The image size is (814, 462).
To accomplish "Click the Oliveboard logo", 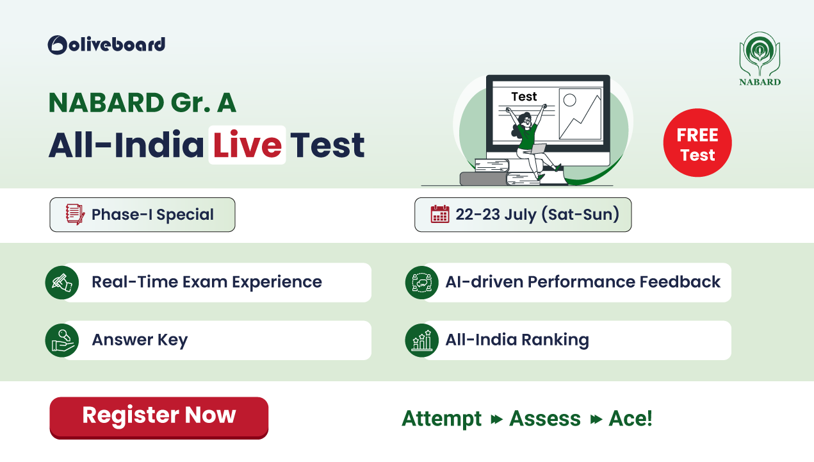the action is click(x=106, y=45).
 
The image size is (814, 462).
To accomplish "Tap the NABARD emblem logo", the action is click(x=760, y=59).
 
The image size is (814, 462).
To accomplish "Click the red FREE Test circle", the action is click(x=697, y=143).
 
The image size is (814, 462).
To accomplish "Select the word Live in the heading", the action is click(x=247, y=145).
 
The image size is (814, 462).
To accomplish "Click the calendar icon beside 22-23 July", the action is click(x=440, y=214).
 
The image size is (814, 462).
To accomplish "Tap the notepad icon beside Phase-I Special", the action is click(x=75, y=214).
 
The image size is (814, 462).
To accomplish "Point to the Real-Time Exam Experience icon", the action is click(x=62, y=283).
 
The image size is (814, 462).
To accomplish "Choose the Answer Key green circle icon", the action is click(x=62, y=340).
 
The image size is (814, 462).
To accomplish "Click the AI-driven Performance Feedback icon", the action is click(x=422, y=283).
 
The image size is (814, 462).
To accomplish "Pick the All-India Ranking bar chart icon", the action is click(x=422, y=340).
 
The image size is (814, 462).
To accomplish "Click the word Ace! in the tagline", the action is click(x=630, y=418).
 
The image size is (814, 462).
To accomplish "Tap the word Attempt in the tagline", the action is click(x=441, y=419).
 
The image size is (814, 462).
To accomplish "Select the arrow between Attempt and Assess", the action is click(x=496, y=420).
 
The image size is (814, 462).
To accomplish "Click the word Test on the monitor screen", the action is click(x=524, y=97).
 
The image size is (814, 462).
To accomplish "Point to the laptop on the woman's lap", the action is click(x=539, y=149).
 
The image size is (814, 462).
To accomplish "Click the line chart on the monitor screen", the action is click(x=580, y=114).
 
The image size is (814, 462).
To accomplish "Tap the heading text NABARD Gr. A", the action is click(x=142, y=103).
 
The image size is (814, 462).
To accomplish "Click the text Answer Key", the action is click(x=140, y=340).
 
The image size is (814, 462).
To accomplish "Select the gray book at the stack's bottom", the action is click(x=484, y=179).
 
